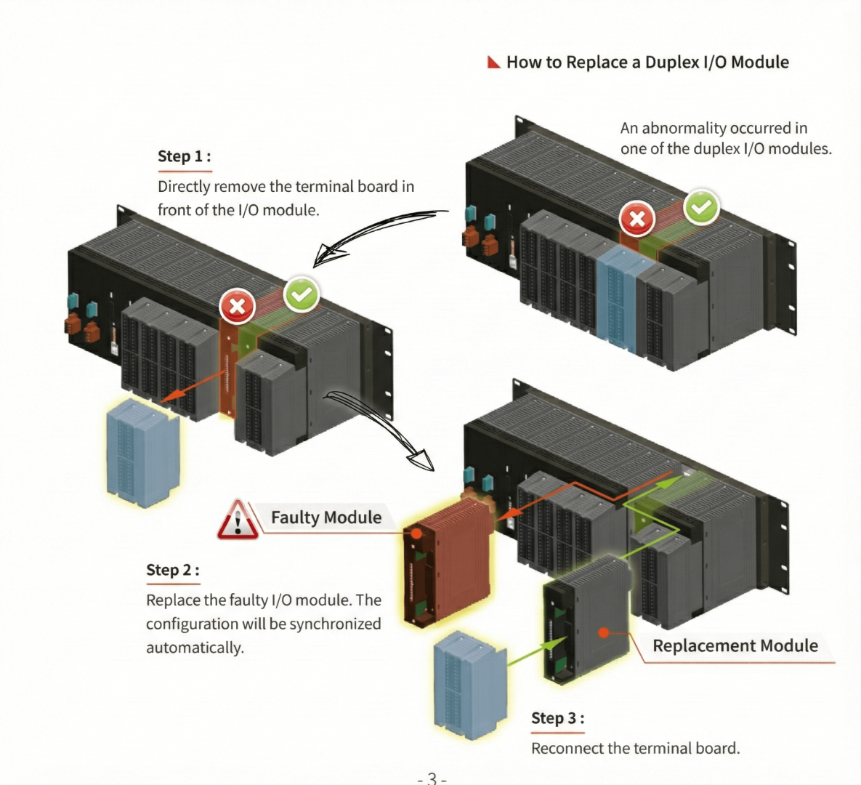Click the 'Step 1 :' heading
coord(184,156)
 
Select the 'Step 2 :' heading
coord(172,570)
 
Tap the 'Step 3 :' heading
coord(557,718)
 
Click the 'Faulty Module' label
coord(326,518)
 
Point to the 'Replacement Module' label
coord(735,645)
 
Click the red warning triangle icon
coord(237,520)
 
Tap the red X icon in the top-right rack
coord(637,219)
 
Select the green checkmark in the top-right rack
coord(701,207)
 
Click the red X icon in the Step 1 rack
coord(237,307)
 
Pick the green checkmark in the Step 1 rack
coord(302,295)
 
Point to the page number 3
coord(432,778)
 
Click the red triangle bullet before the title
coord(494,63)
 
